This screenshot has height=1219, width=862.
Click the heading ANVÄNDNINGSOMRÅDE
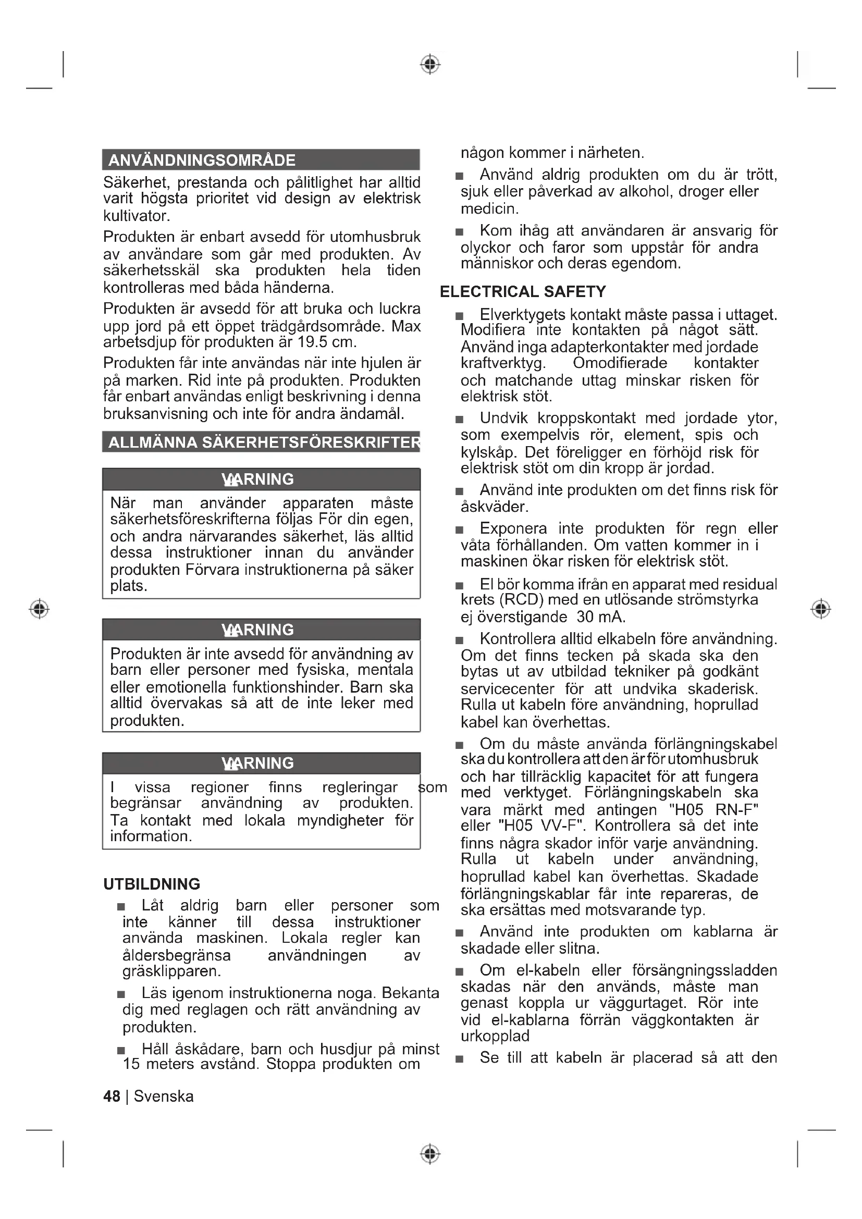[202, 160]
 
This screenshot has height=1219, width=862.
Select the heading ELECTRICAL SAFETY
[523, 291]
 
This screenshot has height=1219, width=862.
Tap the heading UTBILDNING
[152, 884]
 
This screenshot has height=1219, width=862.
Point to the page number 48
[112, 1097]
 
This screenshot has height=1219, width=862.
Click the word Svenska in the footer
[164, 1097]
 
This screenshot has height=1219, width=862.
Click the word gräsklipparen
[171, 971]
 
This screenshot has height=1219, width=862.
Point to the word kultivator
[137, 216]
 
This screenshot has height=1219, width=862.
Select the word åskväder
[494, 507]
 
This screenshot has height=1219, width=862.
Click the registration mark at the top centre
[430, 64]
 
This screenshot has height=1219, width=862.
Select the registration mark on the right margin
[821, 608]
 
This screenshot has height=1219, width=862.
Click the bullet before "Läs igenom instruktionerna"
[121, 994]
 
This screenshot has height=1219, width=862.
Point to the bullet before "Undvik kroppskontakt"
[460, 420]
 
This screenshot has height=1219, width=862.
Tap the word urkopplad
[495, 1036]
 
